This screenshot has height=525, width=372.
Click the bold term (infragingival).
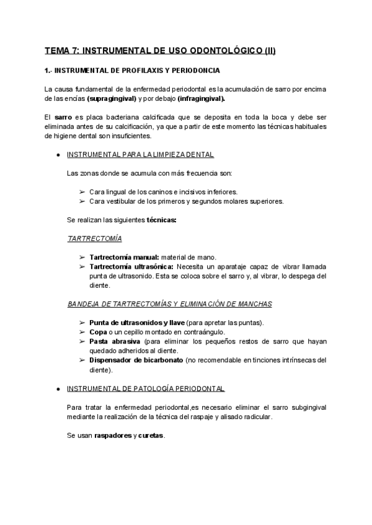coord(201,98)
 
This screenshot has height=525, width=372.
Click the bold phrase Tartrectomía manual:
coord(125,257)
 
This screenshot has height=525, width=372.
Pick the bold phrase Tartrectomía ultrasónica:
coord(130,266)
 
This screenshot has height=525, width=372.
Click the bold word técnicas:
coord(162,219)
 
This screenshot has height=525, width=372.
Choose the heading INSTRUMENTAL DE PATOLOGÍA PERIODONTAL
coord(146,389)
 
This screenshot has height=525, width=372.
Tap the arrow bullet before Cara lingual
coord(82,191)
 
